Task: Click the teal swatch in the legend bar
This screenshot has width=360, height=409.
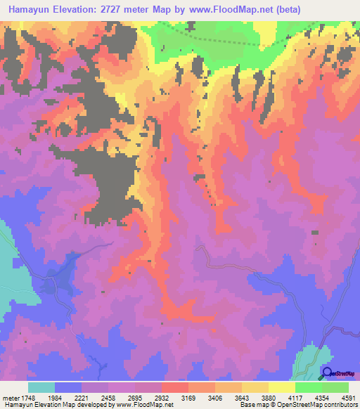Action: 41,387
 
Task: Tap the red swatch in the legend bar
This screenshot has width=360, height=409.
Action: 175,387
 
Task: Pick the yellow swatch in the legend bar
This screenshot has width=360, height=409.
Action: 282,387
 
